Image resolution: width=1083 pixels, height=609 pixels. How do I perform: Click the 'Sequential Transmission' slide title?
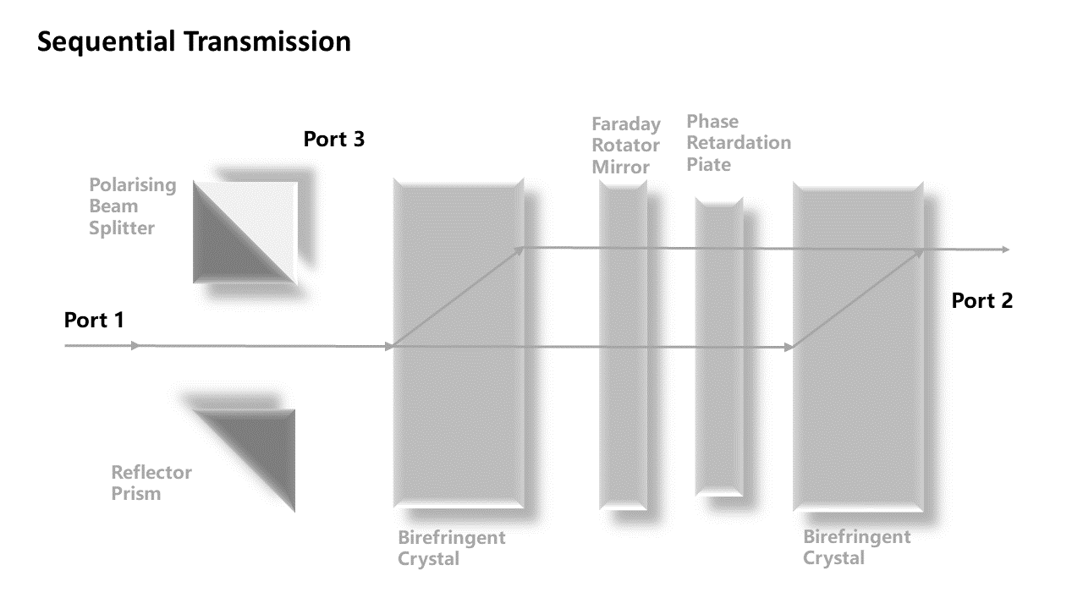[194, 41]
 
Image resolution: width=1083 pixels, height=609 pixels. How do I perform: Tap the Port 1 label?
[94, 321]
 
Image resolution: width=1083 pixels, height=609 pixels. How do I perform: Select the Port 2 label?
[981, 300]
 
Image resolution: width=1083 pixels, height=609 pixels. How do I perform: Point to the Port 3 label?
[334, 139]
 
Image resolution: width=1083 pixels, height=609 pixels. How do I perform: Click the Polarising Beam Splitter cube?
[245, 232]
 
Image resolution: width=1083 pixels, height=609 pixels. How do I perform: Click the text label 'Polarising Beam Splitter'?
[133, 206]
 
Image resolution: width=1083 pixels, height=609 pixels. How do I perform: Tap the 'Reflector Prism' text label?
[151, 482]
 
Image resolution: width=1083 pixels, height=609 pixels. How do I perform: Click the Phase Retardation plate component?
[718, 347]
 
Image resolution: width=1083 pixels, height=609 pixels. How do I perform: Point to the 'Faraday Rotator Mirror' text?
[626, 145]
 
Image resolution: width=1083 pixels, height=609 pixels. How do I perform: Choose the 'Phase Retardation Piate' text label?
[739, 143]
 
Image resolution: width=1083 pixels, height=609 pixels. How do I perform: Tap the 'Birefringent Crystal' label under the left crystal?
[452, 547]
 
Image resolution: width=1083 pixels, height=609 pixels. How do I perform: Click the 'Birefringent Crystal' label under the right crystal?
[857, 547]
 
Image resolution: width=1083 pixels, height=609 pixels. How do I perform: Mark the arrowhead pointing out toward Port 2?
[1005, 250]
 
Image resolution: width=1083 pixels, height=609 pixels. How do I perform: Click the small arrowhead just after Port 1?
[135, 346]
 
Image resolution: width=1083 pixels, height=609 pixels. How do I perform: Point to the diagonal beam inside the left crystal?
[458, 297]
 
